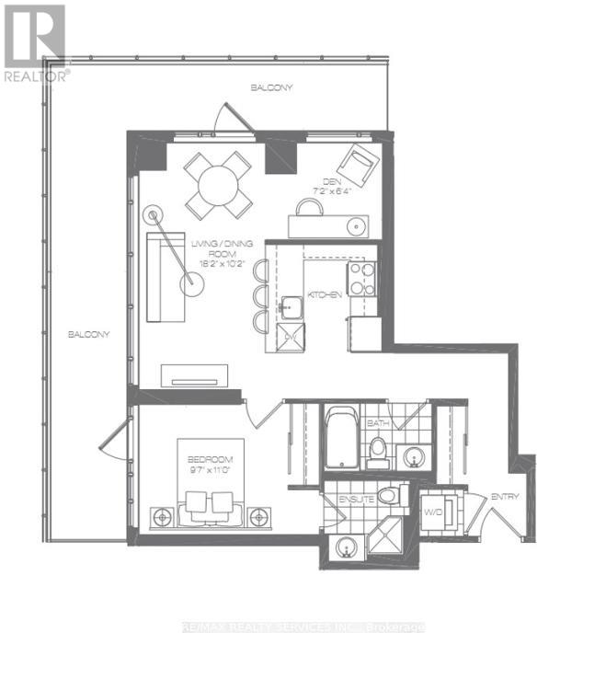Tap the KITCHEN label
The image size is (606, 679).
[x=326, y=294]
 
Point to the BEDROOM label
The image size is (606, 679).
[x=211, y=459]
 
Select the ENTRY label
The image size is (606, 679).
[x=505, y=497]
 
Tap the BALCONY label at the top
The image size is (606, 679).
[x=271, y=87]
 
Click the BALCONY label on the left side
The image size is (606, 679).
[x=89, y=334]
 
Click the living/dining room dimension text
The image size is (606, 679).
[x=217, y=262]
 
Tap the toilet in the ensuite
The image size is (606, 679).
[x=389, y=496]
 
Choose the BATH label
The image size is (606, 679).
[x=377, y=423]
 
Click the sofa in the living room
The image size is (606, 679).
[x=162, y=277]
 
